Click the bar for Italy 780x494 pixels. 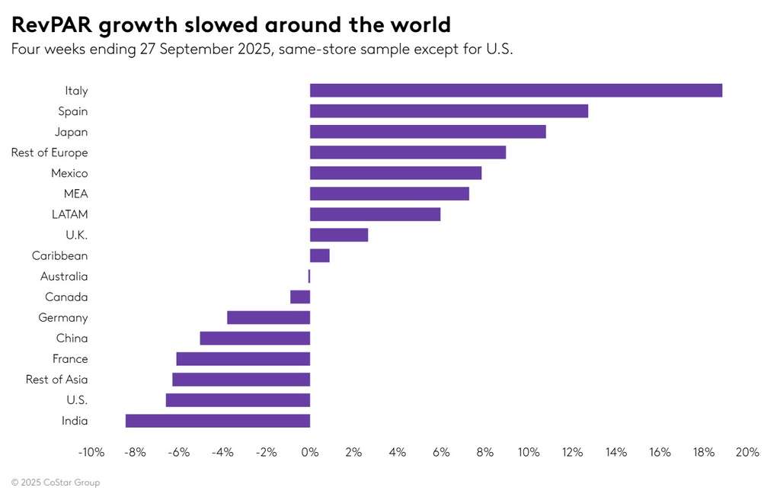point(516,91)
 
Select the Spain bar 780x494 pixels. point(449,111)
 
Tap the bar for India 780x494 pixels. point(218,421)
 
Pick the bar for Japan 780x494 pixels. point(428,132)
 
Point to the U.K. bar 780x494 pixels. point(339,235)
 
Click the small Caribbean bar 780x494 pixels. point(320,255)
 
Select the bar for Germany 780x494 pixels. point(268,318)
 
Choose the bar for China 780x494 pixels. point(255,338)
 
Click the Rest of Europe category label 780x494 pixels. point(50,152)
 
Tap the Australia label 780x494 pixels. point(64,277)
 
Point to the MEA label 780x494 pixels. point(75,194)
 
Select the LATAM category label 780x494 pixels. point(69,214)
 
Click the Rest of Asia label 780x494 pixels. point(56,380)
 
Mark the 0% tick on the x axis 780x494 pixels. point(310,452)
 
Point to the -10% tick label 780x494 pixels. point(91,452)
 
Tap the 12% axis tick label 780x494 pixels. point(573,452)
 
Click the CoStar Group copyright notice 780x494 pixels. point(56,483)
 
